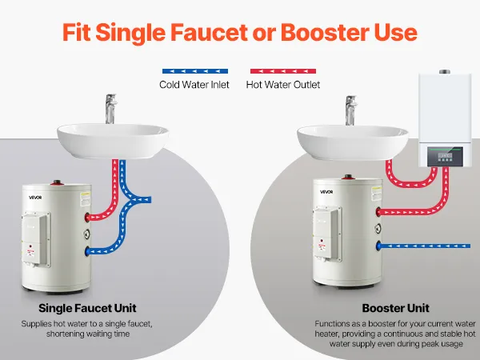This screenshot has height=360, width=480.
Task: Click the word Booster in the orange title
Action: pos(325,33)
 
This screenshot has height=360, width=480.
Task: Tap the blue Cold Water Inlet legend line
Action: pos(195,71)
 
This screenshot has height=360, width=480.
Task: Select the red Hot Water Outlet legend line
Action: pos(283,71)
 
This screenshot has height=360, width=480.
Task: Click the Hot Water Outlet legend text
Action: pos(283,85)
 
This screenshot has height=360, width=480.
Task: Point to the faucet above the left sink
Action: pos(110,109)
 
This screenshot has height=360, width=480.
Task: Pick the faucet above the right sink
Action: pos(351,110)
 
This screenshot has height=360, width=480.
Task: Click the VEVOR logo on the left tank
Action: pos(35,198)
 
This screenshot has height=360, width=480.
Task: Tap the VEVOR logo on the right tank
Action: pos(326,192)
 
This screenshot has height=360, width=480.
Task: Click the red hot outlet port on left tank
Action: pos(87,218)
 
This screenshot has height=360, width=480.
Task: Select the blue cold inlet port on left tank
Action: pos(87,251)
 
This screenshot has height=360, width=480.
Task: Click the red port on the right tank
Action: pos(378,212)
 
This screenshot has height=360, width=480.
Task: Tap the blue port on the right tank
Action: pos(378,246)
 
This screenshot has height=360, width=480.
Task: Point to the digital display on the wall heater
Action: pos(445,156)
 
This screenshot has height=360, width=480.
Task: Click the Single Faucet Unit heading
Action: pos(87,308)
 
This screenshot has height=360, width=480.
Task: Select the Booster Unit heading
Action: pos(395,308)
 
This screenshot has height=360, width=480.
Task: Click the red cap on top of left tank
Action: pos(57,182)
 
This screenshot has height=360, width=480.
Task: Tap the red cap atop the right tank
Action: pos(348,177)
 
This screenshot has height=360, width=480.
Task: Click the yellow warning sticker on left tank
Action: pos(85,199)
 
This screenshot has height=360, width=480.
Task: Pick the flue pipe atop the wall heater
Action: pos(445,72)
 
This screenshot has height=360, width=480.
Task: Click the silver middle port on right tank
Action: pos(378,229)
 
